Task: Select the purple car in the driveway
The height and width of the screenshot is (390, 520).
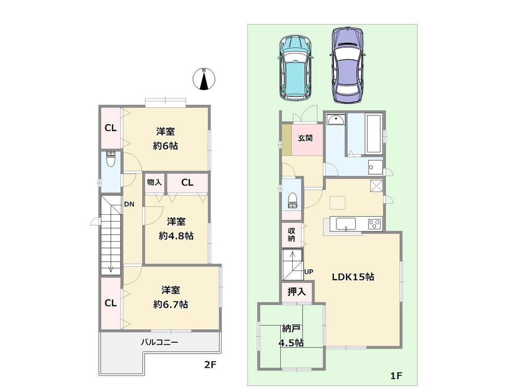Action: [348, 64]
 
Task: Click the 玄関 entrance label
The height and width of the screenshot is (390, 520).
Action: [305, 138]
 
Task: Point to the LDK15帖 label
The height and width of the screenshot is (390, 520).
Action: [354, 277]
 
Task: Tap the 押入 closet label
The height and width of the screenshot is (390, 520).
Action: [297, 292]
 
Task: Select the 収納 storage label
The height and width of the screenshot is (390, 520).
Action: [291, 235]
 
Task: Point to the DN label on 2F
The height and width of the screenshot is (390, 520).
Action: [129, 204]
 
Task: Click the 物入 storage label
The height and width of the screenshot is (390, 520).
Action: [154, 183]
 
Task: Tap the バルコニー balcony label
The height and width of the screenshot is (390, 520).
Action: [160, 343]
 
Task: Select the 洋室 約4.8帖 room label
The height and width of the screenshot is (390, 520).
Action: [176, 228]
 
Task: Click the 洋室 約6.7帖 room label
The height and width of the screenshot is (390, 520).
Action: [171, 297]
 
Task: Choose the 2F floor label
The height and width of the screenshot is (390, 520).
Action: [210, 365]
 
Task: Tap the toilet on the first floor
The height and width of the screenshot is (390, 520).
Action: [292, 200]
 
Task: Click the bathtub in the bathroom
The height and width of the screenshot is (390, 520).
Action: [374, 134]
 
